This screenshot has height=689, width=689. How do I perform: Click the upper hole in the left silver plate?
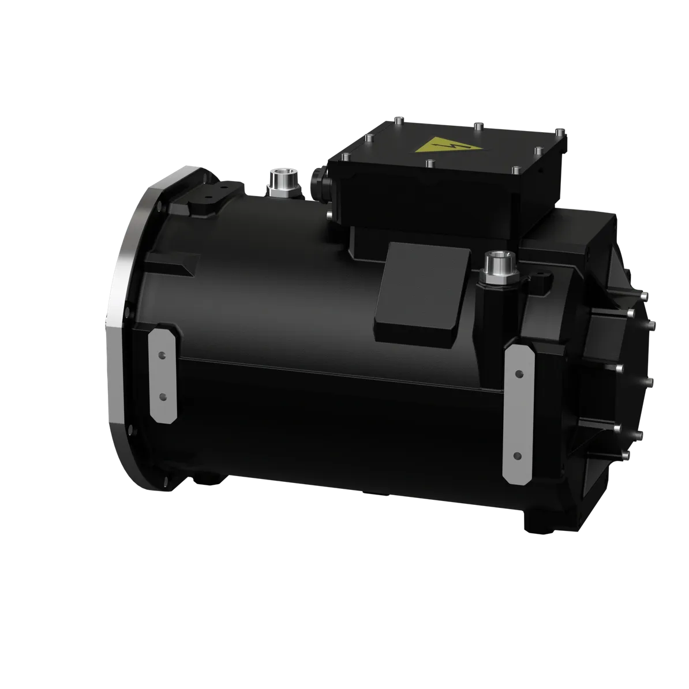pyautogui.click(x=162, y=355)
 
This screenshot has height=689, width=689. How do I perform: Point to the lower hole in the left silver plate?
pyautogui.click(x=162, y=397)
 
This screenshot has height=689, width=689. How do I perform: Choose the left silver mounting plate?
pyautogui.click(x=163, y=375)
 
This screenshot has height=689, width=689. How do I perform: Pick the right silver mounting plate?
pyautogui.click(x=518, y=413)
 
